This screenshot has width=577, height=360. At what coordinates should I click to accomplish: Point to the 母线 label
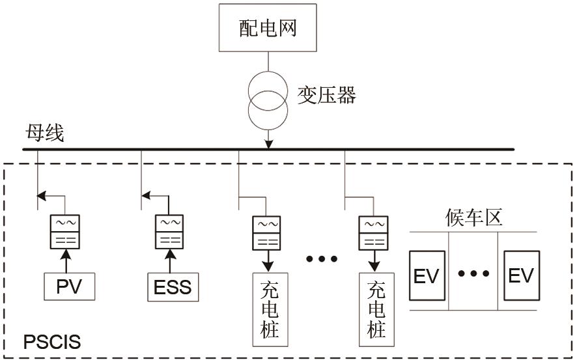click(x=44, y=135)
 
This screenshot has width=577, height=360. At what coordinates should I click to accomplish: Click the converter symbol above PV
click(x=66, y=231)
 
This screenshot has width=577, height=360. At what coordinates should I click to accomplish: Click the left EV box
click(x=427, y=275)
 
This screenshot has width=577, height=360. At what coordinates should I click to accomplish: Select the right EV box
click(x=520, y=275)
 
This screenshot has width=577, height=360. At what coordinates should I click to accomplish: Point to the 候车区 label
click(x=474, y=217)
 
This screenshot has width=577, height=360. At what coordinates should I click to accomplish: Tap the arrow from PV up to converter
click(x=66, y=262)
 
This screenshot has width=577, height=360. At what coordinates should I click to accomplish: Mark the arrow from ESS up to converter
click(x=170, y=262)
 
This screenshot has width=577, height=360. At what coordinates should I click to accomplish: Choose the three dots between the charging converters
click(x=322, y=259)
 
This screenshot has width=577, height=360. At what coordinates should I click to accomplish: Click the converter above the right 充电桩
click(x=373, y=232)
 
